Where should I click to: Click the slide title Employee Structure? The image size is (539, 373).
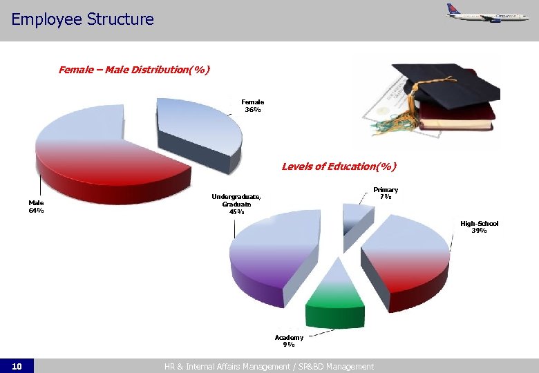82,19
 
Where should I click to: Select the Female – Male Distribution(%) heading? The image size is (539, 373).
134,70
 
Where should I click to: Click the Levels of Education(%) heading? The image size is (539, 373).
339,166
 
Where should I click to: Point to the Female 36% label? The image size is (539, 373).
252,105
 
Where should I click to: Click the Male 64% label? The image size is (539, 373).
36,207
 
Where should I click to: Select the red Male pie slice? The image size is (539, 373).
104,166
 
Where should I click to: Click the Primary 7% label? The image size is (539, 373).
386,193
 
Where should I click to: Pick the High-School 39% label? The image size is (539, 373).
479,227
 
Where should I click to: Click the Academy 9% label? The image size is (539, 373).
289,341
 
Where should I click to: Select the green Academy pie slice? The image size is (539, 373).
335,294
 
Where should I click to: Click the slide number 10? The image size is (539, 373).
17,366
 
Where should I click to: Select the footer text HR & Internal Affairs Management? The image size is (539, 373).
269,366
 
